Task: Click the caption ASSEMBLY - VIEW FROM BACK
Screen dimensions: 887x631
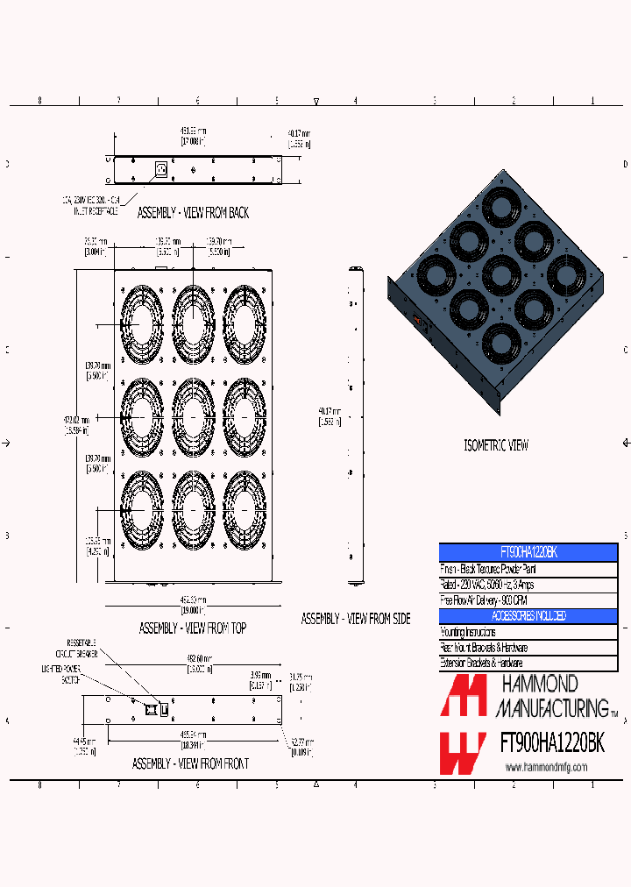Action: (193, 213)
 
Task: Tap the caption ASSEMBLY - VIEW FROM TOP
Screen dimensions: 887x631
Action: (193, 628)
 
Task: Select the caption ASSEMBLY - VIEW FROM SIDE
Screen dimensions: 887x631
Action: (356, 619)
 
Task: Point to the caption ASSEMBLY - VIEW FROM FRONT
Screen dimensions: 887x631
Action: (190, 764)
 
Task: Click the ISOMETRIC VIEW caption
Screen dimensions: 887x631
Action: (496, 445)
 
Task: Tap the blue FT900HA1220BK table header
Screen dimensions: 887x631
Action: (528, 553)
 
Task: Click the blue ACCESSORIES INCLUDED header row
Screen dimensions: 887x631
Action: (528, 616)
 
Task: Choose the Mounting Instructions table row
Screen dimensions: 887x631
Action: (528, 632)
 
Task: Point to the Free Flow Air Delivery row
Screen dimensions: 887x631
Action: (528, 600)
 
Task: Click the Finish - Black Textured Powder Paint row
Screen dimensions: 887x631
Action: (528, 569)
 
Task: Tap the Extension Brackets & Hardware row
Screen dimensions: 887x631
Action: (528, 663)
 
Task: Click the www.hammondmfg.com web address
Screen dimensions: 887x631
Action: (546, 768)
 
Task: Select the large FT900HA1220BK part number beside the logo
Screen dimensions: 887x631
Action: (551, 744)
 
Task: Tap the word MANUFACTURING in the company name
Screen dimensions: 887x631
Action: (552, 706)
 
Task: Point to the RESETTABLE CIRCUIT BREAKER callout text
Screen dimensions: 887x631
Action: (82, 648)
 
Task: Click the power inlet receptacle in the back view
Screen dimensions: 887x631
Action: (160, 169)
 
